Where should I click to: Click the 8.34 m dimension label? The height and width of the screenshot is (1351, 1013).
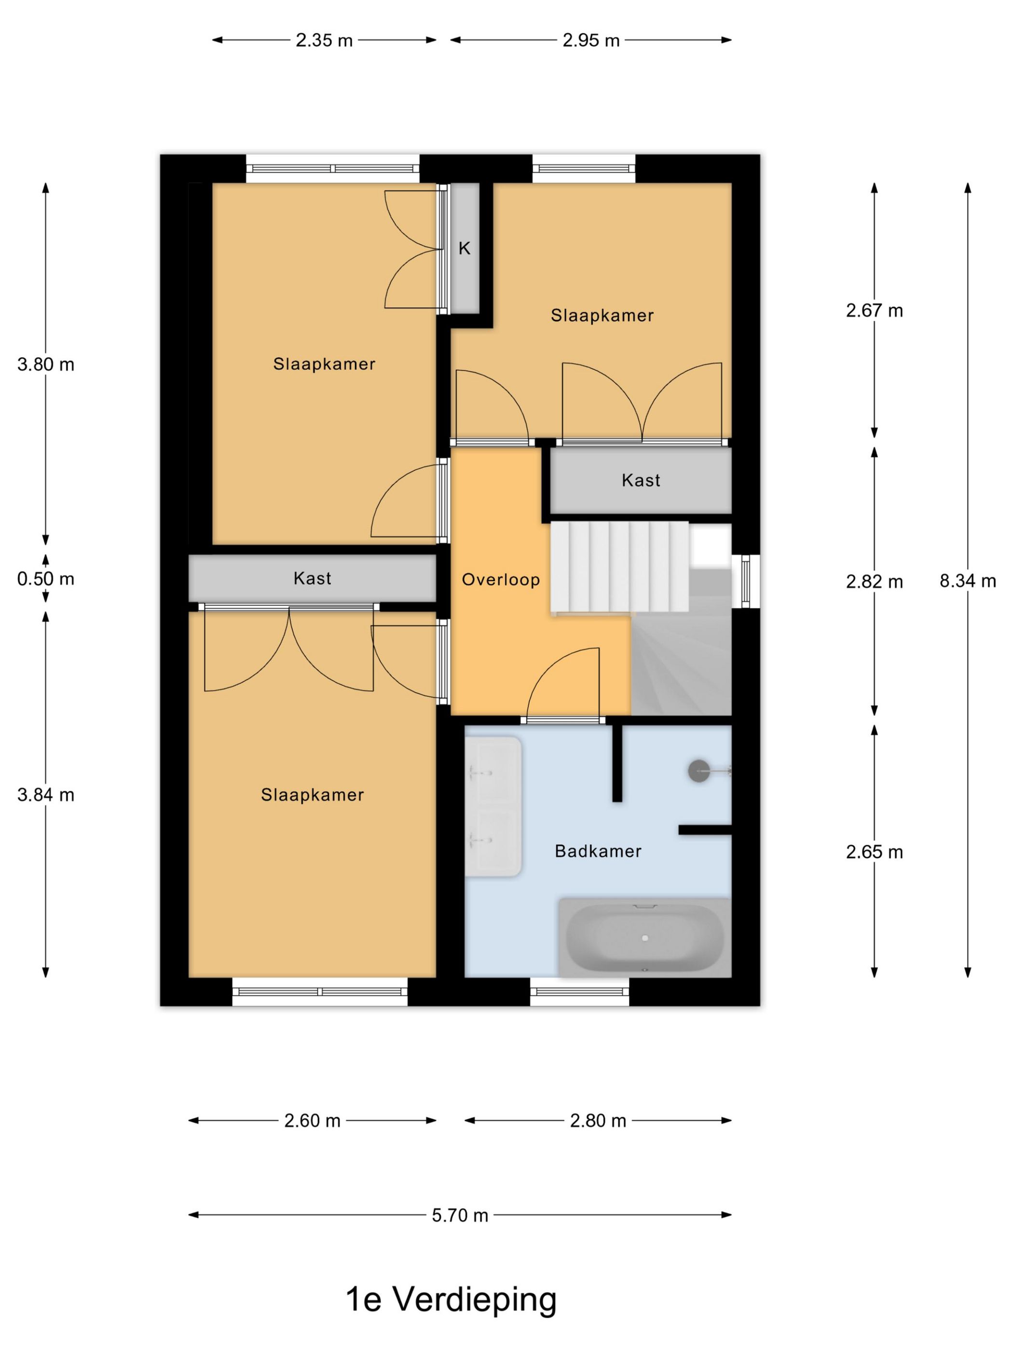[967, 581]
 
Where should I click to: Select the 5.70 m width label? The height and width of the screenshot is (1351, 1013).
[460, 1215]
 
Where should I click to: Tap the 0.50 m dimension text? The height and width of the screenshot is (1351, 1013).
[46, 579]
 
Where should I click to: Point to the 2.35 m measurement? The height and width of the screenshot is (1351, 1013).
[324, 41]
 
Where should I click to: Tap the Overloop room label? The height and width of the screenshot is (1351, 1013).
[501, 579]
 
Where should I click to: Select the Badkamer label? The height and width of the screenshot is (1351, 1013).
[598, 852]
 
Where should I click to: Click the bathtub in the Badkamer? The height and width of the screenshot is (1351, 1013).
[645, 937]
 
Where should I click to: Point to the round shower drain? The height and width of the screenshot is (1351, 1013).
[699, 771]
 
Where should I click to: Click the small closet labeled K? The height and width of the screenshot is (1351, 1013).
[465, 248]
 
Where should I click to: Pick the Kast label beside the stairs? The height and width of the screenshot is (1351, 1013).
[641, 481]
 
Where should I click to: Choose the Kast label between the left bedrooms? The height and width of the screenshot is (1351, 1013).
[312, 579]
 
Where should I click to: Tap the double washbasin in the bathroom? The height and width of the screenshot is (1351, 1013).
[493, 806]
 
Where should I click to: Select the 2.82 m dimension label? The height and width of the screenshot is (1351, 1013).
[875, 582]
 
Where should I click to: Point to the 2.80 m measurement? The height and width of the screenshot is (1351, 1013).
[598, 1121]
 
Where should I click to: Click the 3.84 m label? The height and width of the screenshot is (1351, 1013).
[46, 795]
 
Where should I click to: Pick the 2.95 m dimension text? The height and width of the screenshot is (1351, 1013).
[591, 41]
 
